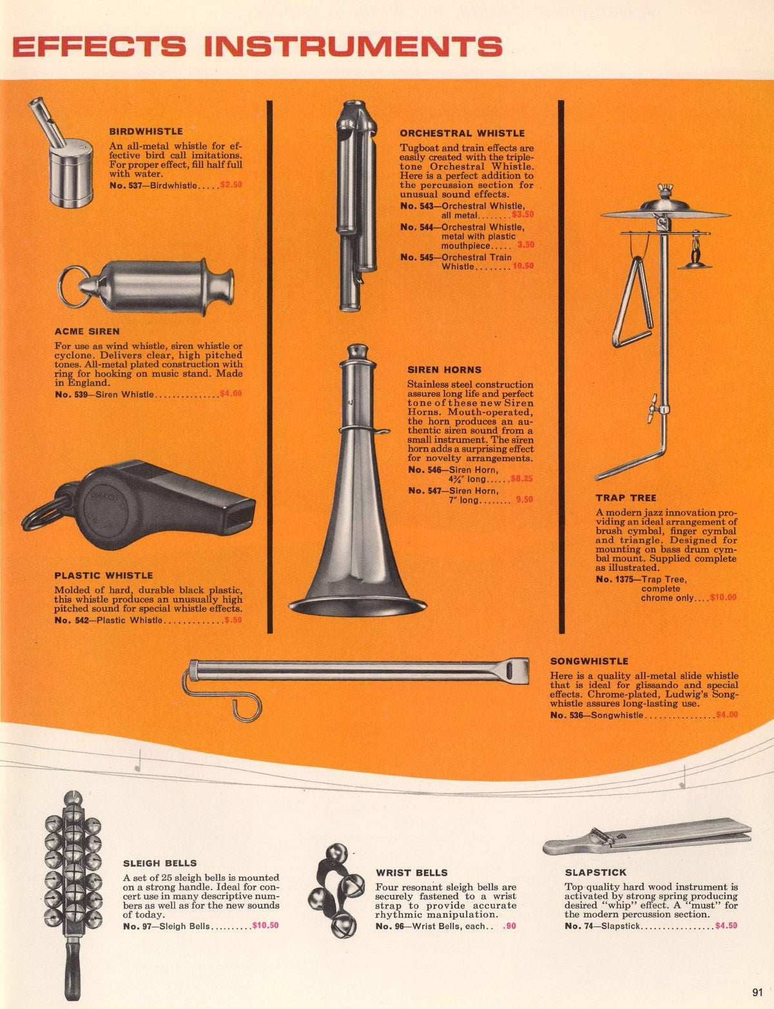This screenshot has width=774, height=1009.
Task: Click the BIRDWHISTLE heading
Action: pyautogui.click(x=146, y=131)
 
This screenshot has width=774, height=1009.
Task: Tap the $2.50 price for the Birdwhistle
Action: pyautogui.click(x=231, y=185)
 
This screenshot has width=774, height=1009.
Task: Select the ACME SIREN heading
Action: pyautogui.click(x=87, y=332)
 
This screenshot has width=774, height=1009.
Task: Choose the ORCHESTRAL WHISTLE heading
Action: pyautogui.click(x=463, y=133)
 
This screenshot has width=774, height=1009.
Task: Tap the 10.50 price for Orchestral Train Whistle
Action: pyautogui.click(x=523, y=266)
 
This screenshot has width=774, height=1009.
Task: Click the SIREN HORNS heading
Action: pyautogui.click(x=444, y=370)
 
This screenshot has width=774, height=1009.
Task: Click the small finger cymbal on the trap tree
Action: pyautogui.click(x=695, y=264)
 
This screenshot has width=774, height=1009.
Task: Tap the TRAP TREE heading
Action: pyautogui.click(x=626, y=498)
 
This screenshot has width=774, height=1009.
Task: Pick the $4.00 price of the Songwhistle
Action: pyautogui.click(x=727, y=715)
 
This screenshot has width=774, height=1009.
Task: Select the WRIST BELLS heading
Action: pyautogui.click(x=412, y=872)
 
